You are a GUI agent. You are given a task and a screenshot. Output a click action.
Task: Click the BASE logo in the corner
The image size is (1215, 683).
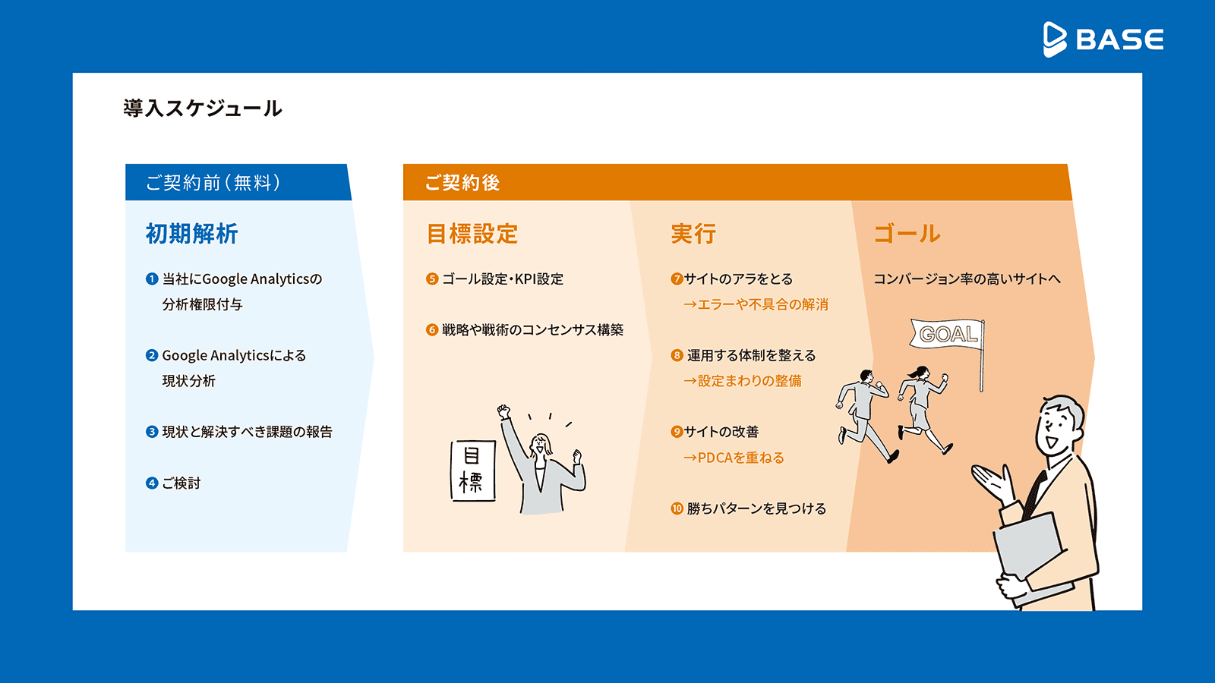coord(1103,39)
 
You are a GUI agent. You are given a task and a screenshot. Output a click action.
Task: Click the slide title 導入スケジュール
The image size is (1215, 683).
coord(202,109)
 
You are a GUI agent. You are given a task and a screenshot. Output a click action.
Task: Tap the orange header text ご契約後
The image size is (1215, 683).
coord(462,183)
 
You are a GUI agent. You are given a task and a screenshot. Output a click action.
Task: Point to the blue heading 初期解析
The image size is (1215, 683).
coord(191,234)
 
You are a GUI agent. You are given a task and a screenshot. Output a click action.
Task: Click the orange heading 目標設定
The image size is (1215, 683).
coord(472,234)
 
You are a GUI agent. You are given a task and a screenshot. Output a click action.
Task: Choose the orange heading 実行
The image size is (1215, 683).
coord(693,234)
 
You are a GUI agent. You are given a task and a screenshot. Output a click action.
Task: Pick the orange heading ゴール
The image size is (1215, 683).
coord(907,234)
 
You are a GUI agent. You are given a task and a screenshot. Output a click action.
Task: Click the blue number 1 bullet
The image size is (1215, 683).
coord(152,279)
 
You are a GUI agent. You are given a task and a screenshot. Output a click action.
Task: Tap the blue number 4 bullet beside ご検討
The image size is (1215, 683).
coord(152,483)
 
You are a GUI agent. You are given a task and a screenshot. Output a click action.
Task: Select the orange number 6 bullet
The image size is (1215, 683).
coord(432,329)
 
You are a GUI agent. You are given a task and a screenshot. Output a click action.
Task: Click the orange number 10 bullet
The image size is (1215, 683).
coord(677,508)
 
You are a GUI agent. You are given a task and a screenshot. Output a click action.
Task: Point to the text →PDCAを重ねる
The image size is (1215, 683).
coord(734,458)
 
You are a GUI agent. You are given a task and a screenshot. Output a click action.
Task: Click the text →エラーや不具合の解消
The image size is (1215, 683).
coord(756,304)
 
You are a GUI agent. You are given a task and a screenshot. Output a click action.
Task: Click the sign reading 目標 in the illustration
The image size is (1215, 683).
coord(473,471)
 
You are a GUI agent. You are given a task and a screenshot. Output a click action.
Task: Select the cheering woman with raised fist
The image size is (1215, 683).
coord(542,461)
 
